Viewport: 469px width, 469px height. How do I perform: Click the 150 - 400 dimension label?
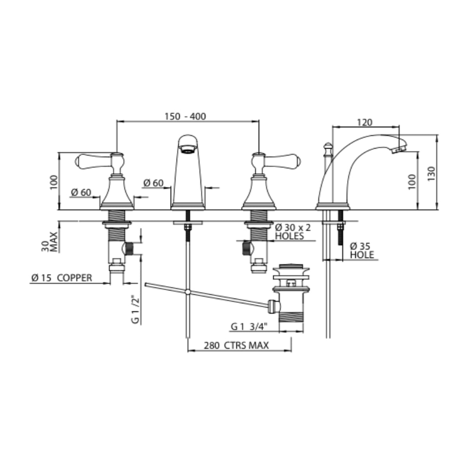185,116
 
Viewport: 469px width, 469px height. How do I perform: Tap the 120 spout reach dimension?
364,122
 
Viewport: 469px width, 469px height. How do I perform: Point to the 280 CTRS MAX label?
236,345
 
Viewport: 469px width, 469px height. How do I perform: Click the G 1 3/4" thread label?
249,326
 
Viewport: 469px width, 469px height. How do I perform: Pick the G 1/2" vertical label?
136,309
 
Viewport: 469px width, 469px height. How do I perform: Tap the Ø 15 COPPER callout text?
62,278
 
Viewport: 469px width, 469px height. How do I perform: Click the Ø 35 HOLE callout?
362,251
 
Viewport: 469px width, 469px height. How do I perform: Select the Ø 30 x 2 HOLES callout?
293,232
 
